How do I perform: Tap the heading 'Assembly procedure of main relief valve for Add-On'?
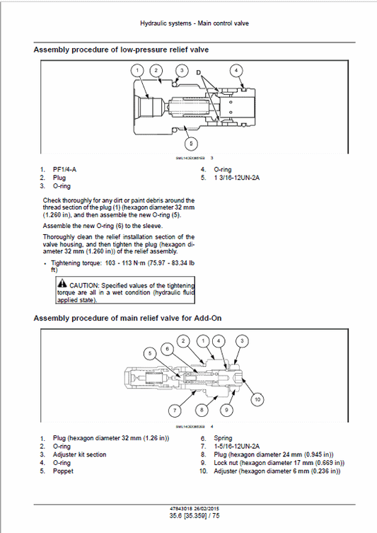[x=128, y=319]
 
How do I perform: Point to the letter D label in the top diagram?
[x=198, y=72]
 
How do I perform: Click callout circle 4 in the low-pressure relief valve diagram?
[x=237, y=70]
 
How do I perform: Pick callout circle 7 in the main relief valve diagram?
[x=153, y=411]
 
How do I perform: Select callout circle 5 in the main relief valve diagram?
[x=149, y=353]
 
